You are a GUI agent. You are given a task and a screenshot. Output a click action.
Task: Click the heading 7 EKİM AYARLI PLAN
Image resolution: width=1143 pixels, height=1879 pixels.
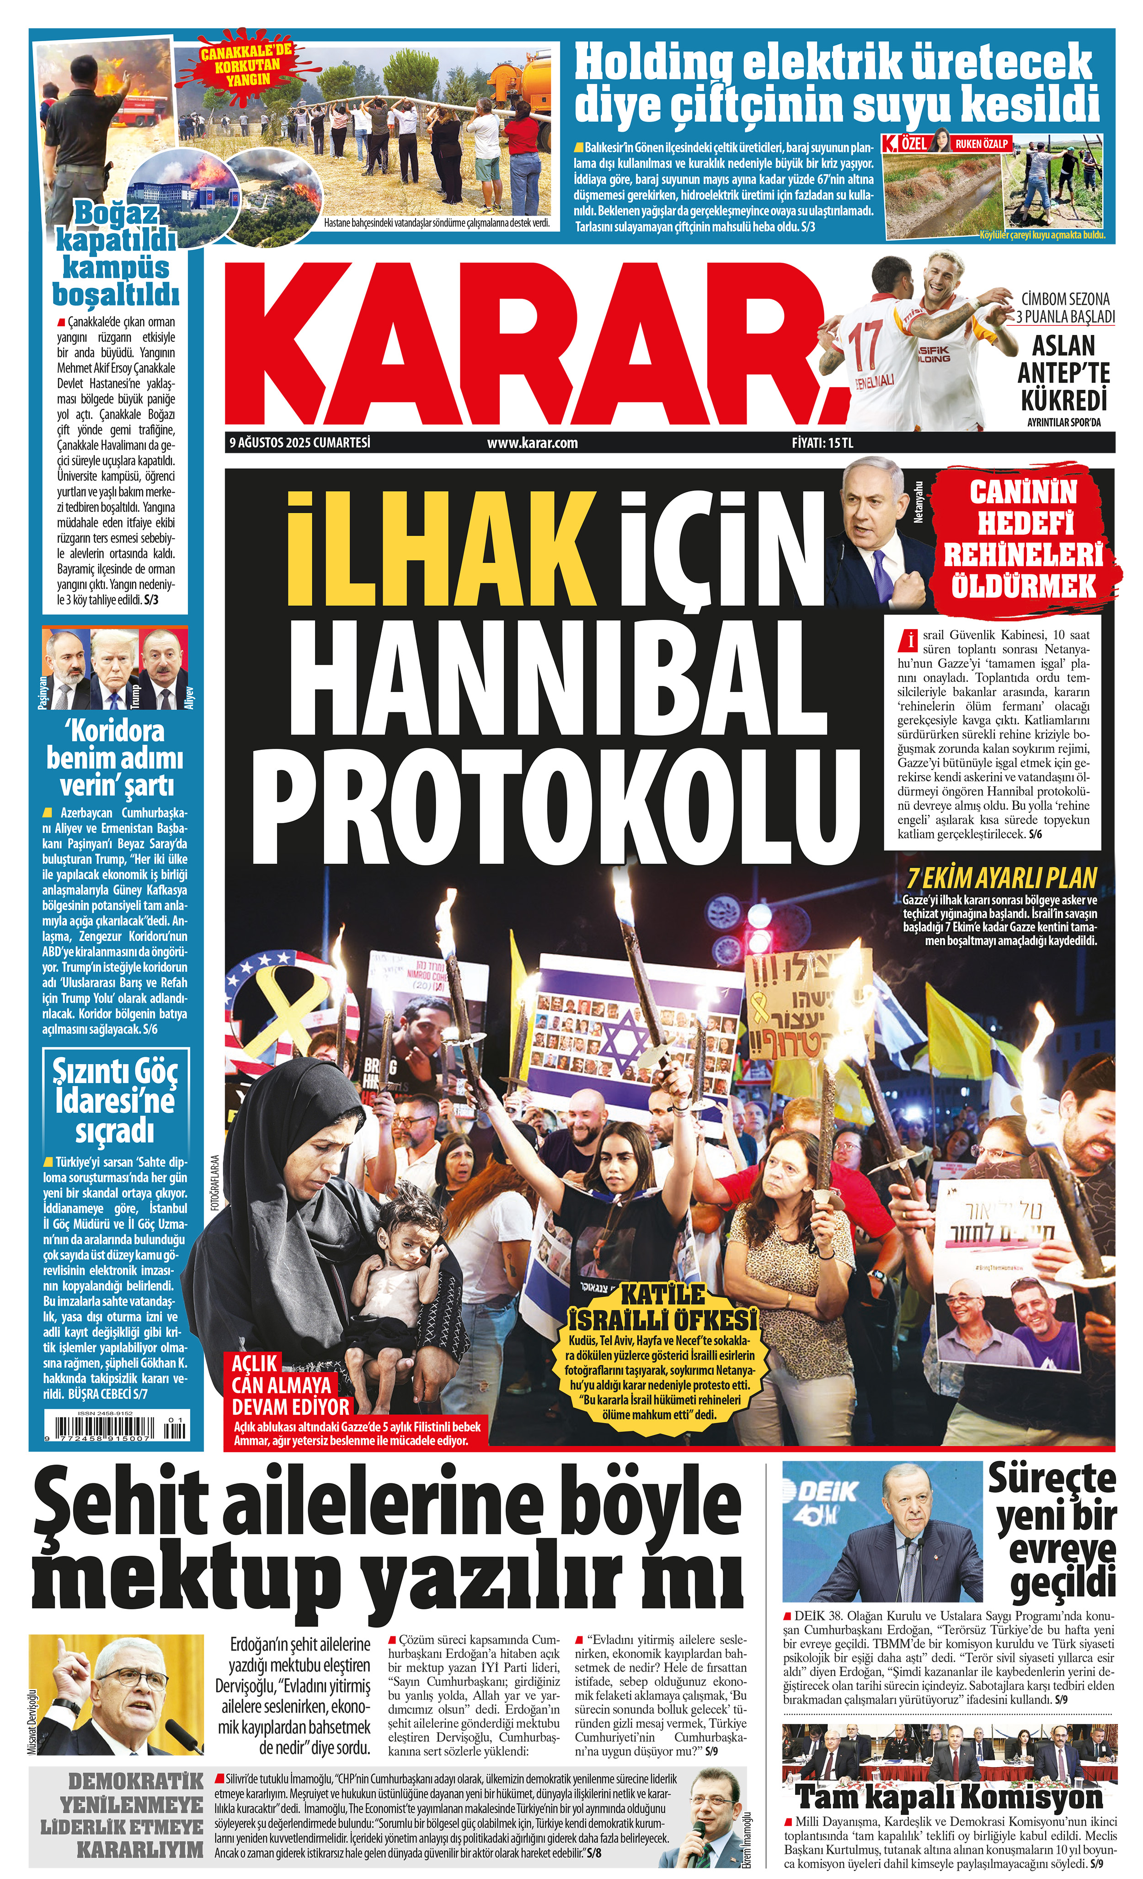pyautogui.click(x=1001, y=878)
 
